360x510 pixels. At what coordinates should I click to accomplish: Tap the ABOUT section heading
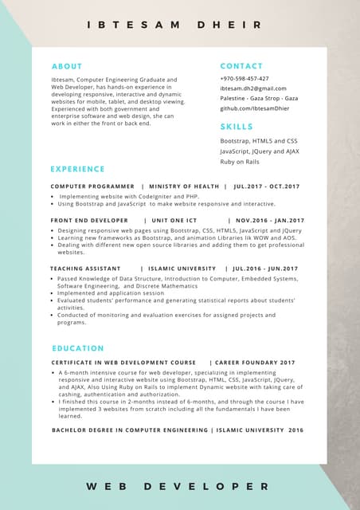click(x=67, y=66)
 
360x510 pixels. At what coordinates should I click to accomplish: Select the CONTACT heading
click(x=241, y=66)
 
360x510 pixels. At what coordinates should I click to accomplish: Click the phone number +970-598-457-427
click(x=245, y=79)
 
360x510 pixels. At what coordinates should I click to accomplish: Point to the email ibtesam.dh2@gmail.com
click(x=253, y=88)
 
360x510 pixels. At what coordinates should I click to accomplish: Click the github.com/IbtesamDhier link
click(x=255, y=108)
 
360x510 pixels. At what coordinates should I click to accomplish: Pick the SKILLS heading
click(x=237, y=127)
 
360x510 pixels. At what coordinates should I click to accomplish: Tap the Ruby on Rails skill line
click(x=240, y=162)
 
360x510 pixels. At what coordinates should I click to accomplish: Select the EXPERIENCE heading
click(x=77, y=169)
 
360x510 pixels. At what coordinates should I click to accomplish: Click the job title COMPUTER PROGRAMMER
click(x=92, y=186)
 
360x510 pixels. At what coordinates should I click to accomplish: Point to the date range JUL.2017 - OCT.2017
click(x=267, y=186)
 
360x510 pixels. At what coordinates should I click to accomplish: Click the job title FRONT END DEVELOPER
click(x=89, y=221)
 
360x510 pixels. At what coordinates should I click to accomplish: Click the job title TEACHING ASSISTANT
click(x=85, y=269)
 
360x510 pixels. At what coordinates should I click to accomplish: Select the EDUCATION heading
click(x=78, y=348)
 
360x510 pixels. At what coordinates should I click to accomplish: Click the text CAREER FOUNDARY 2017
click(x=255, y=363)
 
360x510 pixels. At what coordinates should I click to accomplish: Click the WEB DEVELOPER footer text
click(x=178, y=485)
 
